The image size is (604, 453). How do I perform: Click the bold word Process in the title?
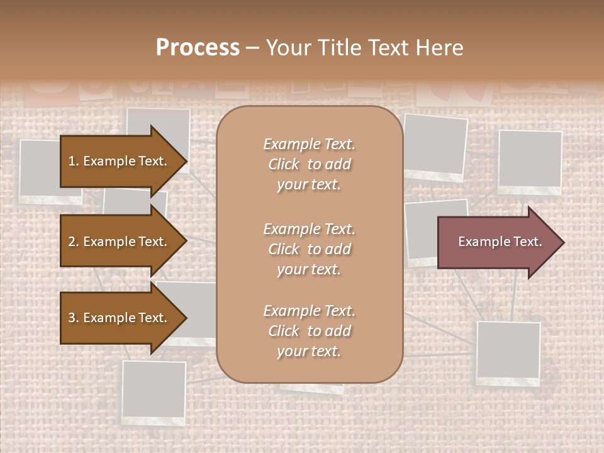(198, 48)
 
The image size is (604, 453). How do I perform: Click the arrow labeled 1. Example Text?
(120, 161)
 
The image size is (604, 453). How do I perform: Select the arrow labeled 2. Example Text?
(120, 242)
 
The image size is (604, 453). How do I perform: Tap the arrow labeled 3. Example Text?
(120, 318)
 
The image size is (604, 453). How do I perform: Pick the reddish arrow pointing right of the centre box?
(497, 242)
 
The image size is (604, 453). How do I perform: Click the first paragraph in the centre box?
(309, 164)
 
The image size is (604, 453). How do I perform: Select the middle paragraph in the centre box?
(309, 249)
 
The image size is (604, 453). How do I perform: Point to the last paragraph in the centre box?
(309, 331)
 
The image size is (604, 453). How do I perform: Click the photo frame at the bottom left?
(154, 391)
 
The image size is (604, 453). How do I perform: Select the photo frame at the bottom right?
(508, 352)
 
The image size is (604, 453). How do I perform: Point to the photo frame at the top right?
(530, 161)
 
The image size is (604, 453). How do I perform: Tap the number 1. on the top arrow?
(74, 161)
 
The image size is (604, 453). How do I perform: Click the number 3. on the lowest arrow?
(74, 318)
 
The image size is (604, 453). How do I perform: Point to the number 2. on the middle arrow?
(74, 242)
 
